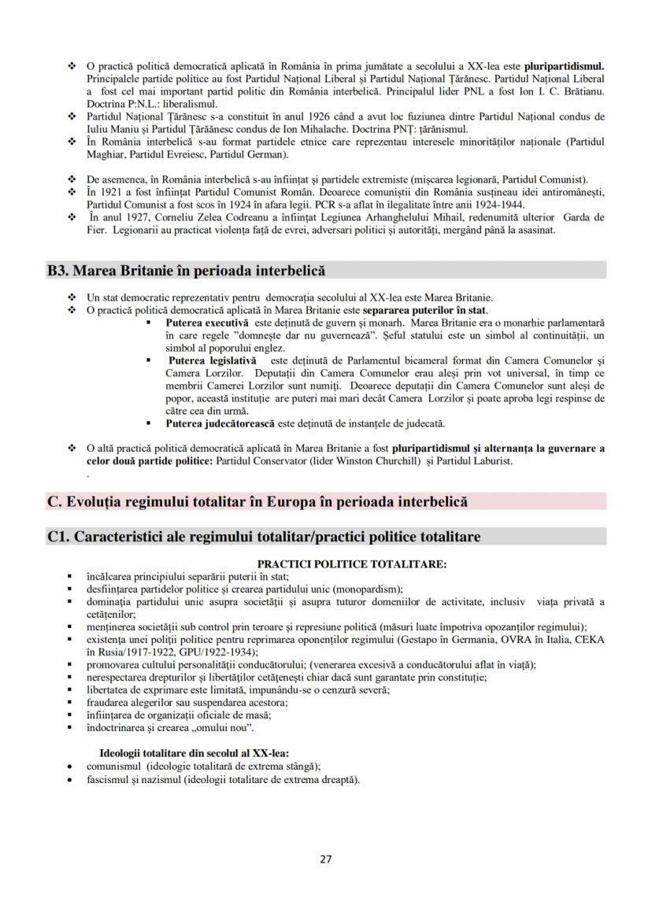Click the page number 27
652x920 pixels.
point(326,859)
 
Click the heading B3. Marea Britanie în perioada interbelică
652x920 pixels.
point(186,271)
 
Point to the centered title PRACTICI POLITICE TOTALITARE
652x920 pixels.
point(352,563)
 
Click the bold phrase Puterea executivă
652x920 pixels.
point(207,323)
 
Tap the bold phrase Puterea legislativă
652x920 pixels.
point(207,360)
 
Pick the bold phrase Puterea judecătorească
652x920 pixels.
point(220,423)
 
